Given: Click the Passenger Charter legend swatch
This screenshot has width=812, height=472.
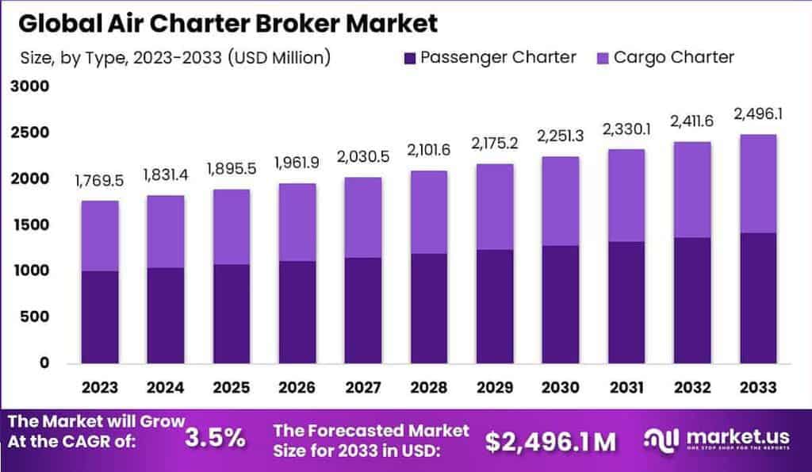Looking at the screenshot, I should pos(409,58).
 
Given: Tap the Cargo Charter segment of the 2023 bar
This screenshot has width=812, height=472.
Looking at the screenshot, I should pos(100,236).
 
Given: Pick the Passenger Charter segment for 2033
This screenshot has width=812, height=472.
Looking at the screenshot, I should pos(756,297).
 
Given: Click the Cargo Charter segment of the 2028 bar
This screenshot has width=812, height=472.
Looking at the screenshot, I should pos(428,213).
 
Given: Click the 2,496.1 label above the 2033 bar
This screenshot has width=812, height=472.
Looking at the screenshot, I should pos(756,113).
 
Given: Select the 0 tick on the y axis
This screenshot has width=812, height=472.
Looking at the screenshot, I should pos(44,363).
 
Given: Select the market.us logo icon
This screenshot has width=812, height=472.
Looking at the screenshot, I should pos(661,438).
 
